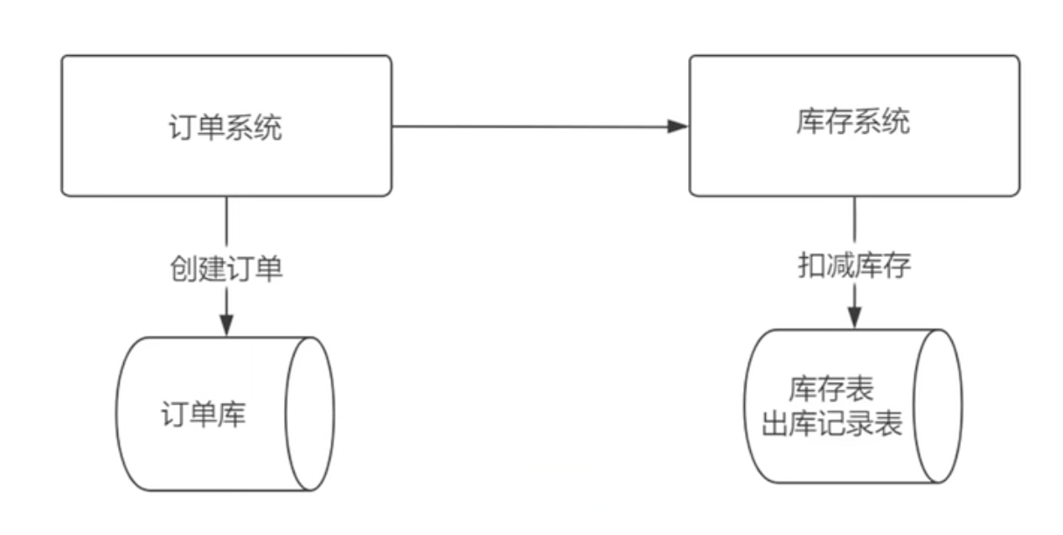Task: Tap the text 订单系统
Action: [x=225, y=128]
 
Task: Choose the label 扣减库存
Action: [x=854, y=266]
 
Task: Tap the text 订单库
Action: [x=204, y=413]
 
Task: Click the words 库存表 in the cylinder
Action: [x=831, y=387]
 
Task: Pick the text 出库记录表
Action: [x=831, y=426]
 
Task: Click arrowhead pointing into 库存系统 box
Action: [x=678, y=126]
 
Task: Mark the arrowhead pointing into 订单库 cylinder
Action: [x=226, y=324]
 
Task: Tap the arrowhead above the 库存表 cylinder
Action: [x=854, y=316]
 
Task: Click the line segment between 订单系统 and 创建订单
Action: [x=226, y=223]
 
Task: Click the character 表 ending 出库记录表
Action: [x=887, y=426]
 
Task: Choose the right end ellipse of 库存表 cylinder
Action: [x=937, y=406]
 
